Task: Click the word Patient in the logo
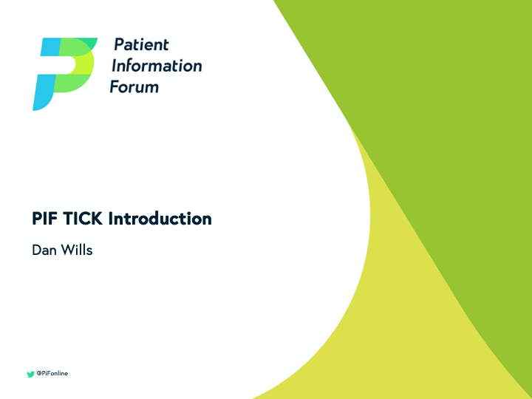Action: [140, 45]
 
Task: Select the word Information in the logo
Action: [156, 66]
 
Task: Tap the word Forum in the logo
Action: [134, 86]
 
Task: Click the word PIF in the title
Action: [45, 219]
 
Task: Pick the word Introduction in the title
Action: [160, 219]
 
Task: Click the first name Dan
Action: [43, 250]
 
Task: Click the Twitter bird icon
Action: [30, 374]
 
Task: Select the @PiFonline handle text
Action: [52, 374]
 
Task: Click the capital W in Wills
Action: [66, 250]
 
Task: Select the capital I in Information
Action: [113, 66]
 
